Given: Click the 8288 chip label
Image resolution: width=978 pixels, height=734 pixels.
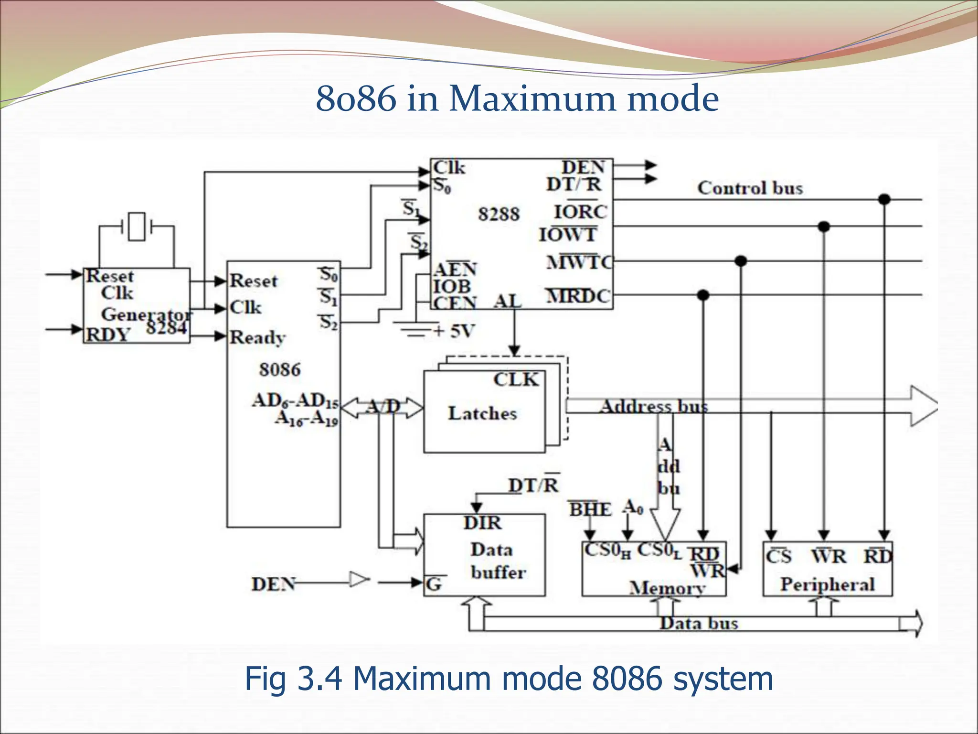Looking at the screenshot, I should click(x=499, y=214).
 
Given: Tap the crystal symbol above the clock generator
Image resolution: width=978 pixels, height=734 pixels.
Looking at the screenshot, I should click(x=137, y=226).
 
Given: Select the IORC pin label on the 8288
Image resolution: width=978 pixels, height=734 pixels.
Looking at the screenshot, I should click(x=580, y=212).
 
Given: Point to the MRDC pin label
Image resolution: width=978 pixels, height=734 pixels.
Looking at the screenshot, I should click(x=578, y=296).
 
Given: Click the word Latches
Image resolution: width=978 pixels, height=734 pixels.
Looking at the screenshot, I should click(x=482, y=413).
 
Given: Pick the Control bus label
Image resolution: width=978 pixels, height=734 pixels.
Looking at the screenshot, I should click(x=750, y=188).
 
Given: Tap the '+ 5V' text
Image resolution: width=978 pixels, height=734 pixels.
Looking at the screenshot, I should click(x=454, y=331).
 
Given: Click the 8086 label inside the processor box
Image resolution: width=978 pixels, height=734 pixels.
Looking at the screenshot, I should click(x=280, y=369).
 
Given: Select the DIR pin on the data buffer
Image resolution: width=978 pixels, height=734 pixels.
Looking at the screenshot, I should click(x=482, y=523).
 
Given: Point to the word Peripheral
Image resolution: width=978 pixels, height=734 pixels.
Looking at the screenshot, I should click(x=827, y=584).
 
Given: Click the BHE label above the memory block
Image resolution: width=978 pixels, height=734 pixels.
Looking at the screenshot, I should click(x=590, y=509).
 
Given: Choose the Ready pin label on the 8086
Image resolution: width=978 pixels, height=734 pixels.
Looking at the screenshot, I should click(x=257, y=337).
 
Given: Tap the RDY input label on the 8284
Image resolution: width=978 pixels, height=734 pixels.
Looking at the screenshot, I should click(x=108, y=335).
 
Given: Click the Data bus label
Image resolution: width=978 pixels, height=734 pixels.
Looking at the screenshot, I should click(x=699, y=623).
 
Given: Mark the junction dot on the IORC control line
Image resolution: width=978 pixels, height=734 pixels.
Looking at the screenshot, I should click(x=884, y=199).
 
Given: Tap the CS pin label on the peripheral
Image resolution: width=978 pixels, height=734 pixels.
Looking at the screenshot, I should click(x=778, y=557).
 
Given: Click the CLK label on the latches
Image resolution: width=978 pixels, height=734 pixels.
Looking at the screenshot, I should click(x=516, y=379).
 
